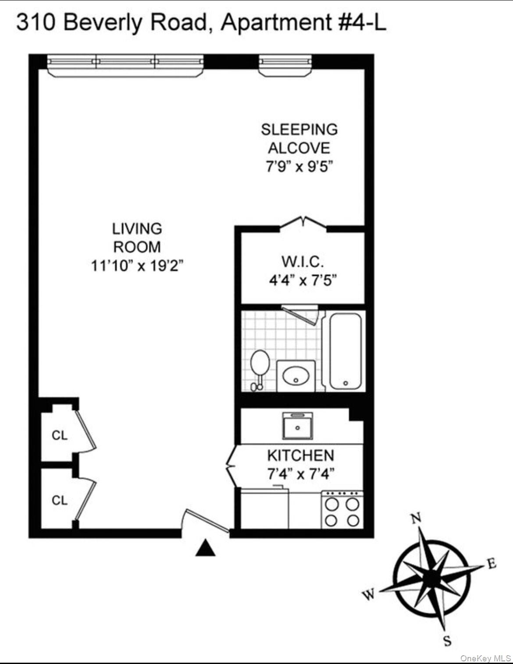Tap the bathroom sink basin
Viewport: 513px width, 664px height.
point(296,376)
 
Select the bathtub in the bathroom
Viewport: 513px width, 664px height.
point(346,351)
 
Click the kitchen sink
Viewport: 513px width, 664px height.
point(298,426)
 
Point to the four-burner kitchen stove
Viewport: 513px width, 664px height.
point(342,511)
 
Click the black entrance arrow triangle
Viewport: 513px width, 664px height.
point(205,548)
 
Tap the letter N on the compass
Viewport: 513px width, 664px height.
point(416,518)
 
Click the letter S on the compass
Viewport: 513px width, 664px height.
point(447,641)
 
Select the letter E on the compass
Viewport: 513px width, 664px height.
point(492,563)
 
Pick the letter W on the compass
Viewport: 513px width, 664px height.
point(369,594)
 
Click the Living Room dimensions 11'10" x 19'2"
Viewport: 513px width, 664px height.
point(137,265)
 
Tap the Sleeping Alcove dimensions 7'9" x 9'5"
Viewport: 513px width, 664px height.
point(299,167)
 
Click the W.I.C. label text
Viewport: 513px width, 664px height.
point(303,261)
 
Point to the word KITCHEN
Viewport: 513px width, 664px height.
point(300,456)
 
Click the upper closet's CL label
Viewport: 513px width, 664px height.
point(60,435)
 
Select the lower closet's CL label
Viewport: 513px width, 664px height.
point(60,500)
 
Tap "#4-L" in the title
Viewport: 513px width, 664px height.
point(362,22)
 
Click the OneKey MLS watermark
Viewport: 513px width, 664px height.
point(485,658)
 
